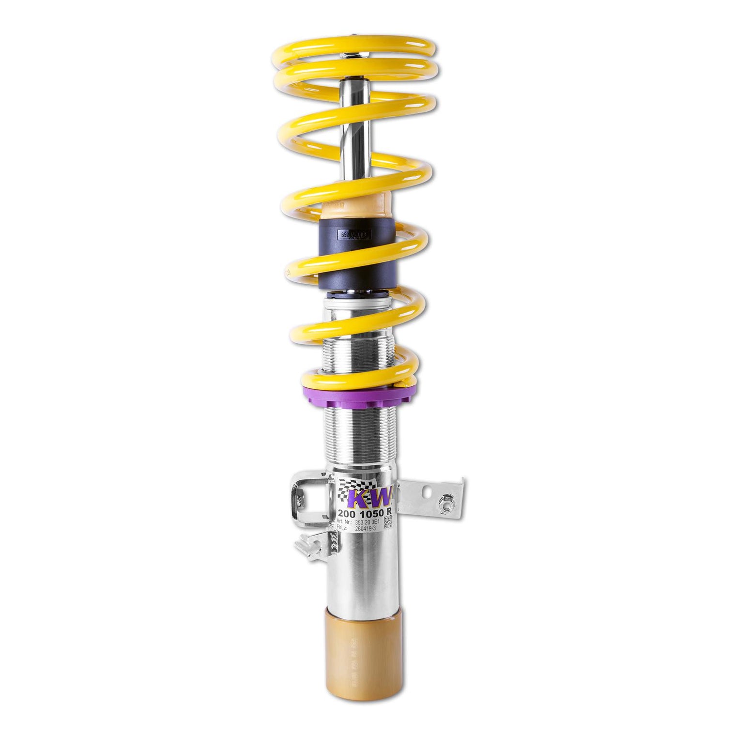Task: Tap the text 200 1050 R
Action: pos(365,513)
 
